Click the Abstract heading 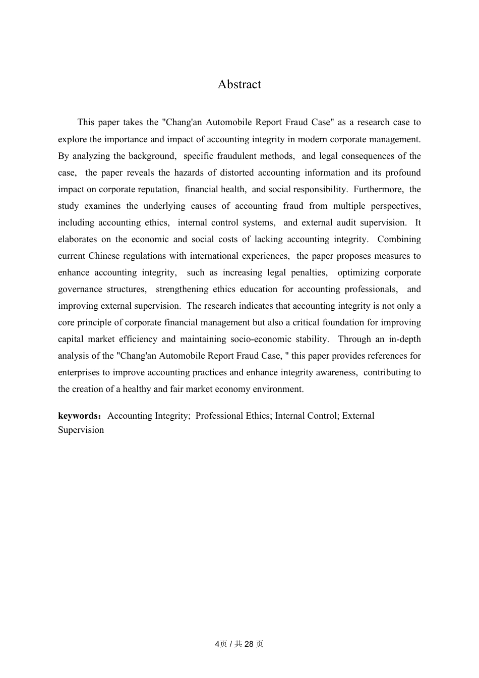pyautogui.click(x=239, y=84)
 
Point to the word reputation pyautogui.click(x=157, y=189)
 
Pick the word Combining pyautogui.click(x=399, y=239)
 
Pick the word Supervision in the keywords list pyautogui.click(x=81, y=430)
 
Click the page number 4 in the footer pyautogui.click(x=217, y=644)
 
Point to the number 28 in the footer pyautogui.click(x=248, y=644)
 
